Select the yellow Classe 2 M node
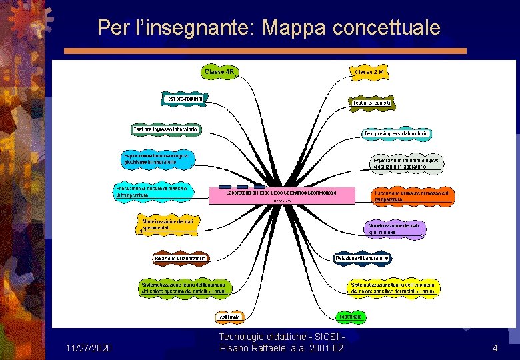[369, 71]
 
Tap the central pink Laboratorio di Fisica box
[281, 194]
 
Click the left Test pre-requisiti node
[183, 99]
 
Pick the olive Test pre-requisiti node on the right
[372, 103]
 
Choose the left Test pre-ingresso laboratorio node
[167, 129]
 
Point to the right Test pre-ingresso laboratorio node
[396, 133]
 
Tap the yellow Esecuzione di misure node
[153, 191]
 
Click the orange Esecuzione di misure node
[413, 195]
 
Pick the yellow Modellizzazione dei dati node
[169, 224]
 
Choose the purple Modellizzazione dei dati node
[396, 229]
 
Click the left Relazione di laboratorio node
[181, 258]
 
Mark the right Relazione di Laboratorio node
[362, 258]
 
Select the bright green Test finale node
[351, 316]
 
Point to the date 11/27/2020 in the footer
[89, 348]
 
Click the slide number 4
[495, 348]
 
